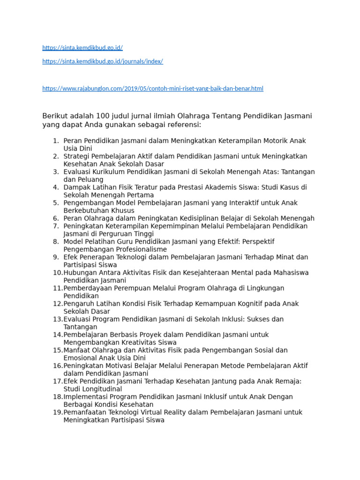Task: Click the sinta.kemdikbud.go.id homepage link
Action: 82,48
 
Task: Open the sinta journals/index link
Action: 103,61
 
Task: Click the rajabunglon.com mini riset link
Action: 153,88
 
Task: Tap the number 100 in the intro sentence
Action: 103,116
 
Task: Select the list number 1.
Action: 55,141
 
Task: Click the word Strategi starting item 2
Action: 77,156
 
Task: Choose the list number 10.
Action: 57,272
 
